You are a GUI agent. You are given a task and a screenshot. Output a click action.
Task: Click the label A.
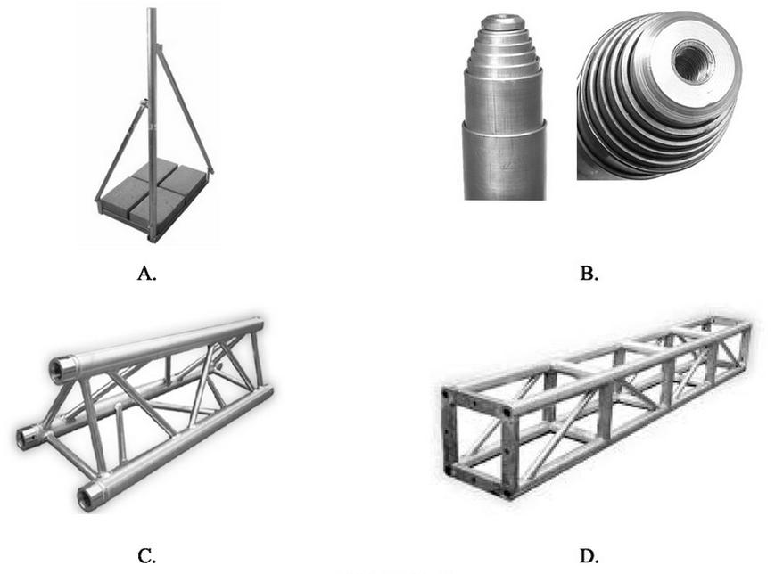point(147,274)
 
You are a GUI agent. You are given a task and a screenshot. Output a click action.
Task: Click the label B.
point(589,274)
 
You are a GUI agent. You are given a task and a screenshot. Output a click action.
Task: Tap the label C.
point(147,557)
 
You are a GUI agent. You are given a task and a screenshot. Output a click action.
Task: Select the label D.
point(589,557)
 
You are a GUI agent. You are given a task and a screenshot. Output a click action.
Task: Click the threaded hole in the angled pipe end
point(692,63)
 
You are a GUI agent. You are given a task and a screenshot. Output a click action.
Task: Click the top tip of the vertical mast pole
point(152,12)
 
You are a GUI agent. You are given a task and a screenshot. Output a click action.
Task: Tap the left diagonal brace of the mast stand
point(120,152)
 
